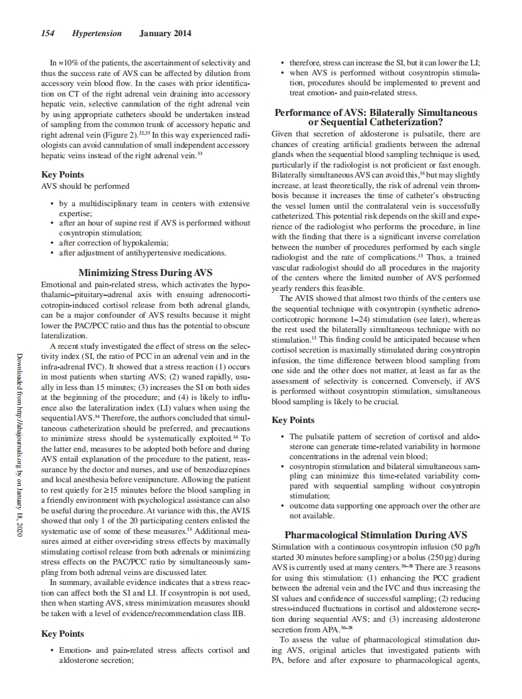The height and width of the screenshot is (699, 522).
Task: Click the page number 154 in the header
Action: (x=49, y=34)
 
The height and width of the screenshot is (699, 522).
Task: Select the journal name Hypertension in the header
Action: (x=97, y=34)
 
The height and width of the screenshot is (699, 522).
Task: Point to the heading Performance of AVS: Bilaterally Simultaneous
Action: (x=376, y=113)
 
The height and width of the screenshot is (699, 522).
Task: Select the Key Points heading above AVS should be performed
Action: (x=62, y=174)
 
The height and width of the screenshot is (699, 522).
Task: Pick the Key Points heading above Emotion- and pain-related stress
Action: (x=62, y=634)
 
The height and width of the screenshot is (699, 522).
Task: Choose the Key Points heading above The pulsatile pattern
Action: (x=293, y=420)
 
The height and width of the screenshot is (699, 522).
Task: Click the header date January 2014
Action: (x=166, y=34)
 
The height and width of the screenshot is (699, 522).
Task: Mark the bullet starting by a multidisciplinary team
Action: (x=149, y=203)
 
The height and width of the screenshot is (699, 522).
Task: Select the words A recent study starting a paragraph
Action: (x=74, y=346)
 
